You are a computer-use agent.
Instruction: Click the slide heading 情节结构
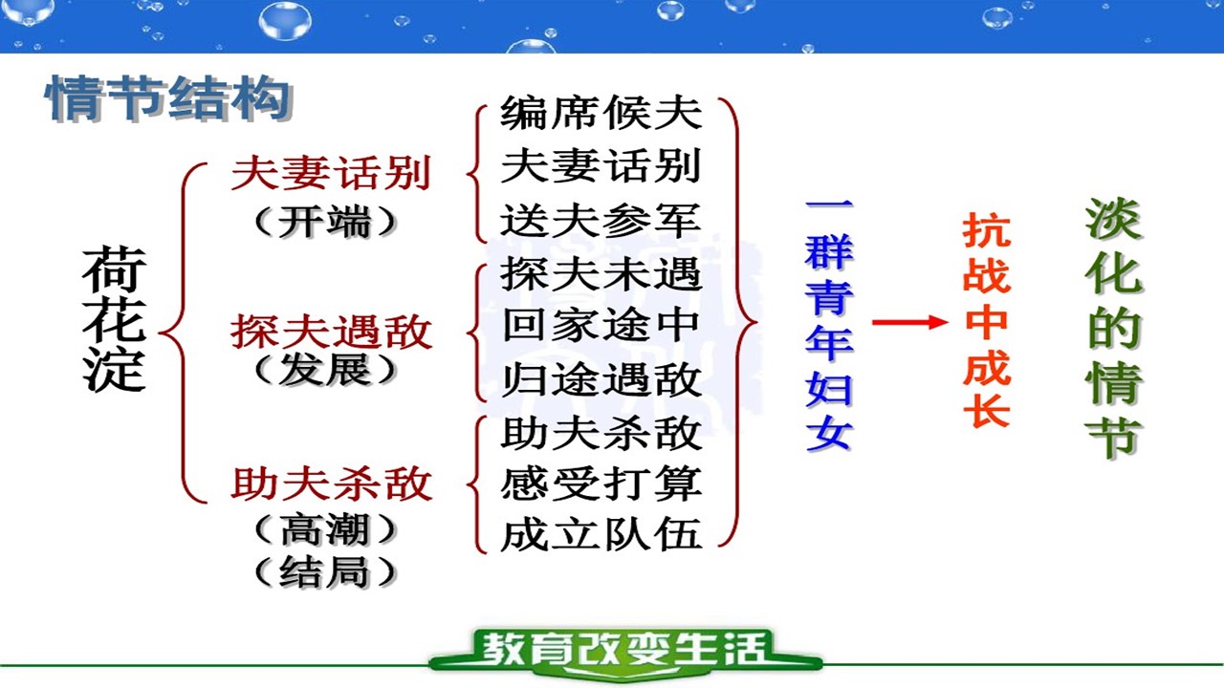(x=168, y=98)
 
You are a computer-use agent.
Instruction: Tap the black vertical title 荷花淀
(x=114, y=319)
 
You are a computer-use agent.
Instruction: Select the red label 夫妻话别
(x=331, y=173)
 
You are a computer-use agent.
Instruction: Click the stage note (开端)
(x=326, y=222)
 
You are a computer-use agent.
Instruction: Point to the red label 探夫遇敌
(x=331, y=332)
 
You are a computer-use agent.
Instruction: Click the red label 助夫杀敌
(x=331, y=484)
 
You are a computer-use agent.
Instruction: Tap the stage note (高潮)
(x=326, y=529)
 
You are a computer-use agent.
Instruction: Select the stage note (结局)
(x=326, y=571)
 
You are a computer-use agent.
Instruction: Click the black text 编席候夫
(x=601, y=113)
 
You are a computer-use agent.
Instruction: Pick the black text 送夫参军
(x=601, y=220)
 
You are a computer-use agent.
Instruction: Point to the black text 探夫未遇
(x=601, y=273)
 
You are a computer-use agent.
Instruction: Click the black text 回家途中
(x=601, y=326)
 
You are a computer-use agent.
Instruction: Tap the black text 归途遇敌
(x=601, y=379)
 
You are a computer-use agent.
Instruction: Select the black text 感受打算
(x=601, y=484)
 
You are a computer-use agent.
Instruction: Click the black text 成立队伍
(x=601, y=534)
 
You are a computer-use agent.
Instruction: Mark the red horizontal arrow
(x=909, y=322)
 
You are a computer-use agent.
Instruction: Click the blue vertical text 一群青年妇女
(x=829, y=325)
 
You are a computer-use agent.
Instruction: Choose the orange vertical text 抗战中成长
(x=987, y=321)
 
